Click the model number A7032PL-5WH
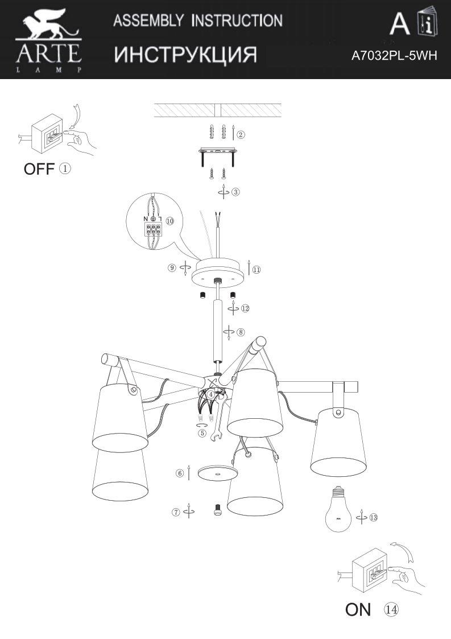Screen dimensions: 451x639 pyautogui.click(x=394, y=55)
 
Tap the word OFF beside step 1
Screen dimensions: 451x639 pyautogui.click(x=39, y=169)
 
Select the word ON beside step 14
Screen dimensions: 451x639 pyautogui.click(x=358, y=609)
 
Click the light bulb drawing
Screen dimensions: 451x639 pyautogui.click(x=338, y=509)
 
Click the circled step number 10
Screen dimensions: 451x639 pyautogui.click(x=169, y=221)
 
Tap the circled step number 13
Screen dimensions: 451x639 pyautogui.click(x=373, y=518)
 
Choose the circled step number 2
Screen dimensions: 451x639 pyautogui.click(x=241, y=134)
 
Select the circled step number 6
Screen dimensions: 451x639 pyautogui.click(x=180, y=473)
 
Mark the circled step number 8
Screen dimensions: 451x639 pyautogui.click(x=241, y=332)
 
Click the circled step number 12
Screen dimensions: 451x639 pyautogui.click(x=245, y=308)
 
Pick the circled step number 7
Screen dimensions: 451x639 pyautogui.click(x=176, y=512)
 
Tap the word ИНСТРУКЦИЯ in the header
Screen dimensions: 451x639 pyautogui.click(x=185, y=55)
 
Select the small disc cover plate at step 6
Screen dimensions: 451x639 pyautogui.click(x=218, y=473)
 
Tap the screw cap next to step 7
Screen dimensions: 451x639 pyautogui.click(x=218, y=510)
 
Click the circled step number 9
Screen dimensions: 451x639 pyautogui.click(x=172, y=268)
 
